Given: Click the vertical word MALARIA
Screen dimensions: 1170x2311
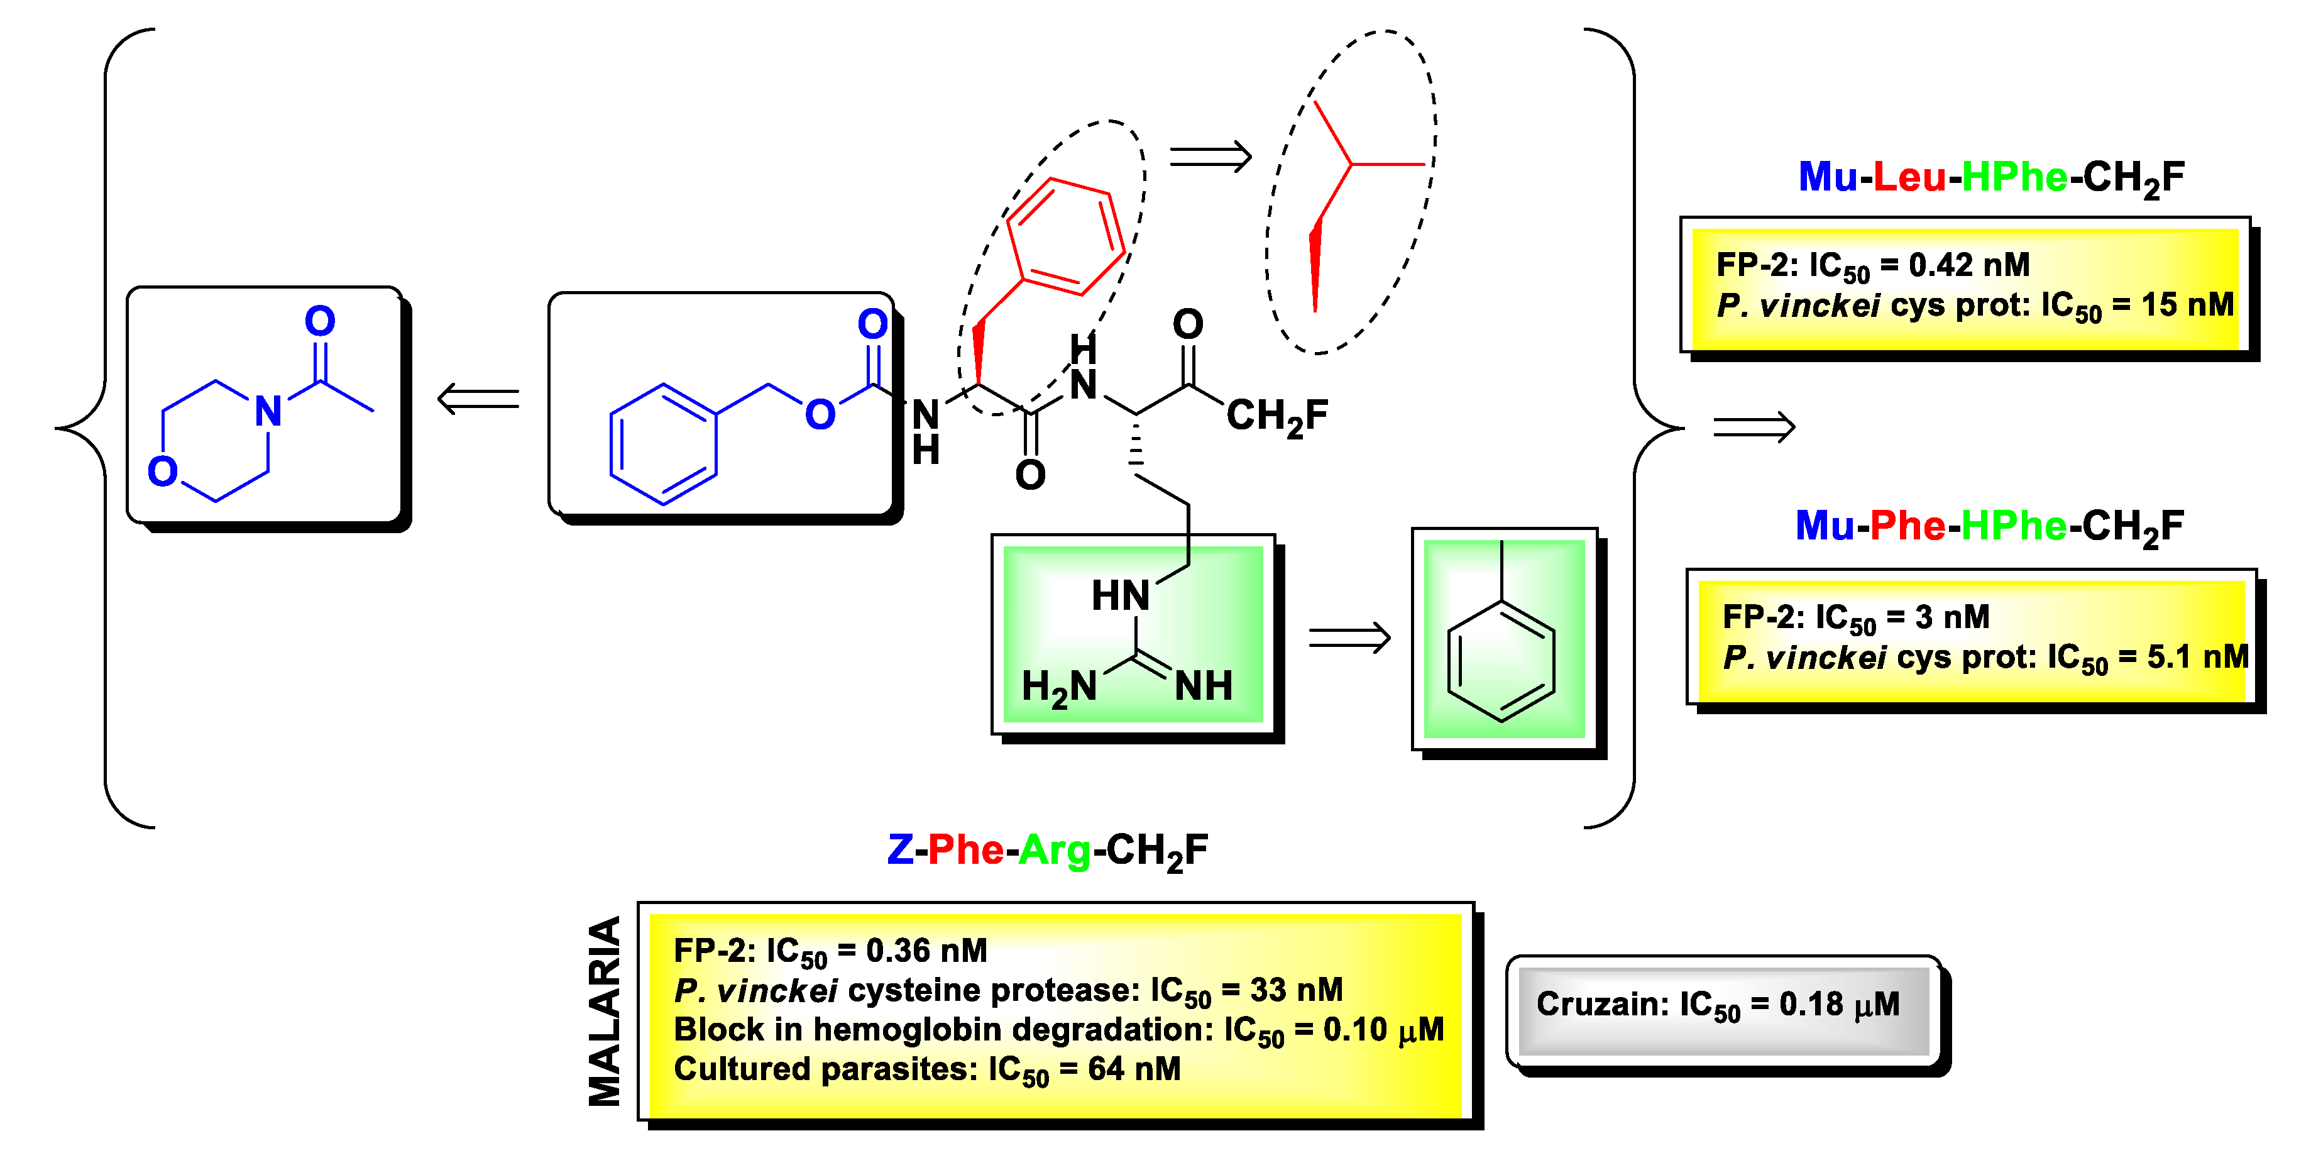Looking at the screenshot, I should [604, 1010].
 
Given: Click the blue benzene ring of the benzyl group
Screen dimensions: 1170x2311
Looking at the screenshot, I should [663, 444].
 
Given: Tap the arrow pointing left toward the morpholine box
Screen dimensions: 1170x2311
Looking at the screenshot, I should [478, 399].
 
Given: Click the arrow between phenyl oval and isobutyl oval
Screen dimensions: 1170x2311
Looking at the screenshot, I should [1210, 158].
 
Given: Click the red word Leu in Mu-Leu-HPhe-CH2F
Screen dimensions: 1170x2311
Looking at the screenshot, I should [1909, 177].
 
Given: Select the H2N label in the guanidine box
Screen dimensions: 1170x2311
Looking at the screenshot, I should [1058, 687].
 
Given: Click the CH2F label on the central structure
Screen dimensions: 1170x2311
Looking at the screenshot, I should [1276, 416].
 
